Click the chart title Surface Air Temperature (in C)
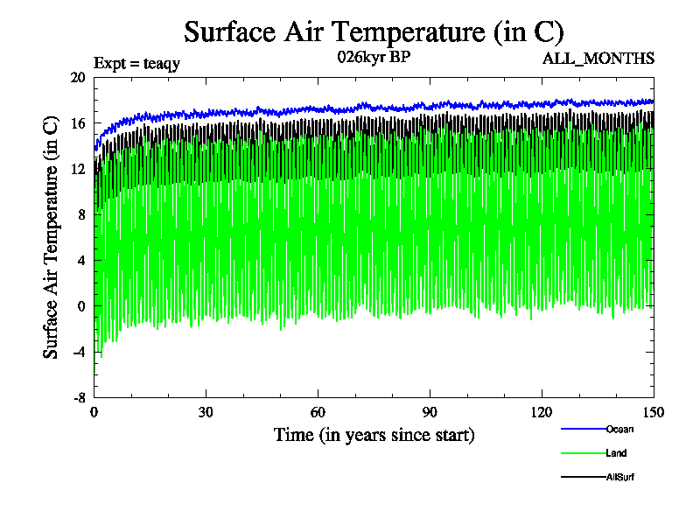374,32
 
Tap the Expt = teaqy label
136,63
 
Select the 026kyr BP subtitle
373,58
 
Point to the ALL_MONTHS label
598,59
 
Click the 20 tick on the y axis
78,78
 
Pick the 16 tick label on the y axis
78,123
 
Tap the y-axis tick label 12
78,169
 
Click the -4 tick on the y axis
78,352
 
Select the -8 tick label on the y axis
78,397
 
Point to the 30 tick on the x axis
206,413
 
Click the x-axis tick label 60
318,413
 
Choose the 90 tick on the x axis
430,413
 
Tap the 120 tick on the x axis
542,413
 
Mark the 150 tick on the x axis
653,413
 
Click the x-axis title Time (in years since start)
374,434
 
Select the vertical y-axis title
52,238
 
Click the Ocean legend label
619,429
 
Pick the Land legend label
616,453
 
